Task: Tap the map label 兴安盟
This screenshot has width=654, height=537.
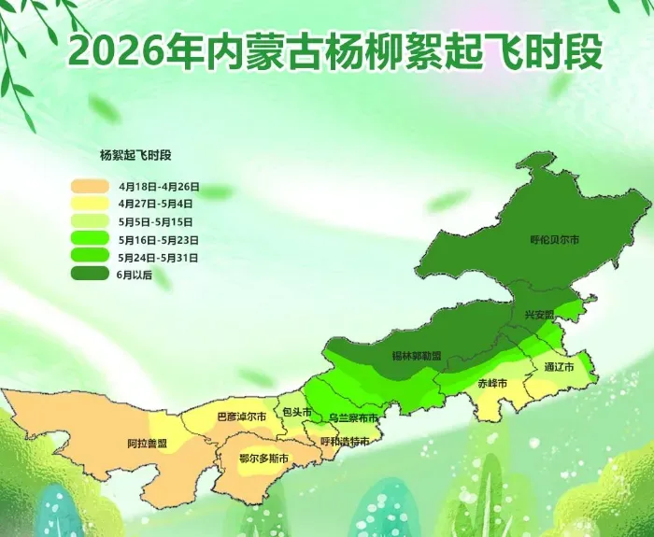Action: [539, 315]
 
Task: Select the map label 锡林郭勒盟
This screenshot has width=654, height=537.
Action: [417, 356]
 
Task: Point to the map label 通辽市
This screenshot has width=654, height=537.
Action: [562, 367]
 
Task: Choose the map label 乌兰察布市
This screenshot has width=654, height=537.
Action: [353, 417]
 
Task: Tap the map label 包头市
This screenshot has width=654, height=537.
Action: [297, 411]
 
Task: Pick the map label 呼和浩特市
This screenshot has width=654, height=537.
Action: [345, 441]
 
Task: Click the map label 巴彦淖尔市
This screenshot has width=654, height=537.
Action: [241, 416]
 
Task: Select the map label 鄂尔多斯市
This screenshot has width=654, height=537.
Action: [263, 458]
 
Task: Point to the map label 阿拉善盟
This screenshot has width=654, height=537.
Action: [148, 443]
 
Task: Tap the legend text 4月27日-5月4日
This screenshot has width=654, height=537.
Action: [156, 204]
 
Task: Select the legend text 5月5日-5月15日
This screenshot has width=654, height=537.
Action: [156, 221]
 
